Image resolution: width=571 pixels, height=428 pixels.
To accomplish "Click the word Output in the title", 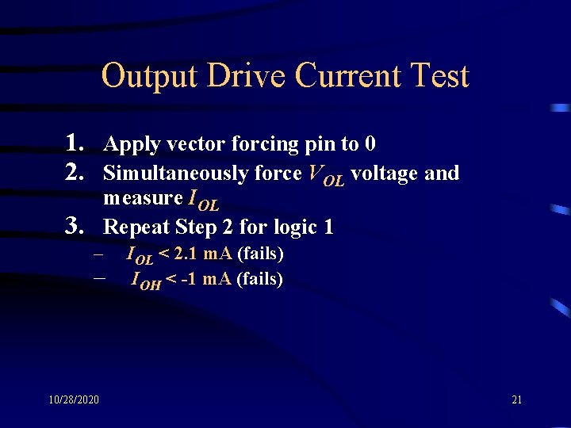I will [x=150, y=76].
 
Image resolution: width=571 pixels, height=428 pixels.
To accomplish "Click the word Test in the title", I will [x=437, y=76].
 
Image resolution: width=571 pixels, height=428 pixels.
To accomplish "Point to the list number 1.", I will [x=76, y=143].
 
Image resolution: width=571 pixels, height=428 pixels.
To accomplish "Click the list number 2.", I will [x=76, y=172].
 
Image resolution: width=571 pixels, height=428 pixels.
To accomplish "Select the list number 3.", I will [x=76, y=227].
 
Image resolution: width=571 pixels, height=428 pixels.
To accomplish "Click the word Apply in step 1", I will [x=132, y=145].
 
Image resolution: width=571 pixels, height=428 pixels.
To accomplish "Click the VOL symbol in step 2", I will [x=326, y=175].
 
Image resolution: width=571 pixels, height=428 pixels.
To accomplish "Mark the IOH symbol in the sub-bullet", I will [x=146, y=280].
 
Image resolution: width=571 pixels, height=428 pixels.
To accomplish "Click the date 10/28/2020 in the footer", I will [x=73, y=399].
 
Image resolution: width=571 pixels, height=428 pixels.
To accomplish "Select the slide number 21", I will [x=517, y=399].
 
